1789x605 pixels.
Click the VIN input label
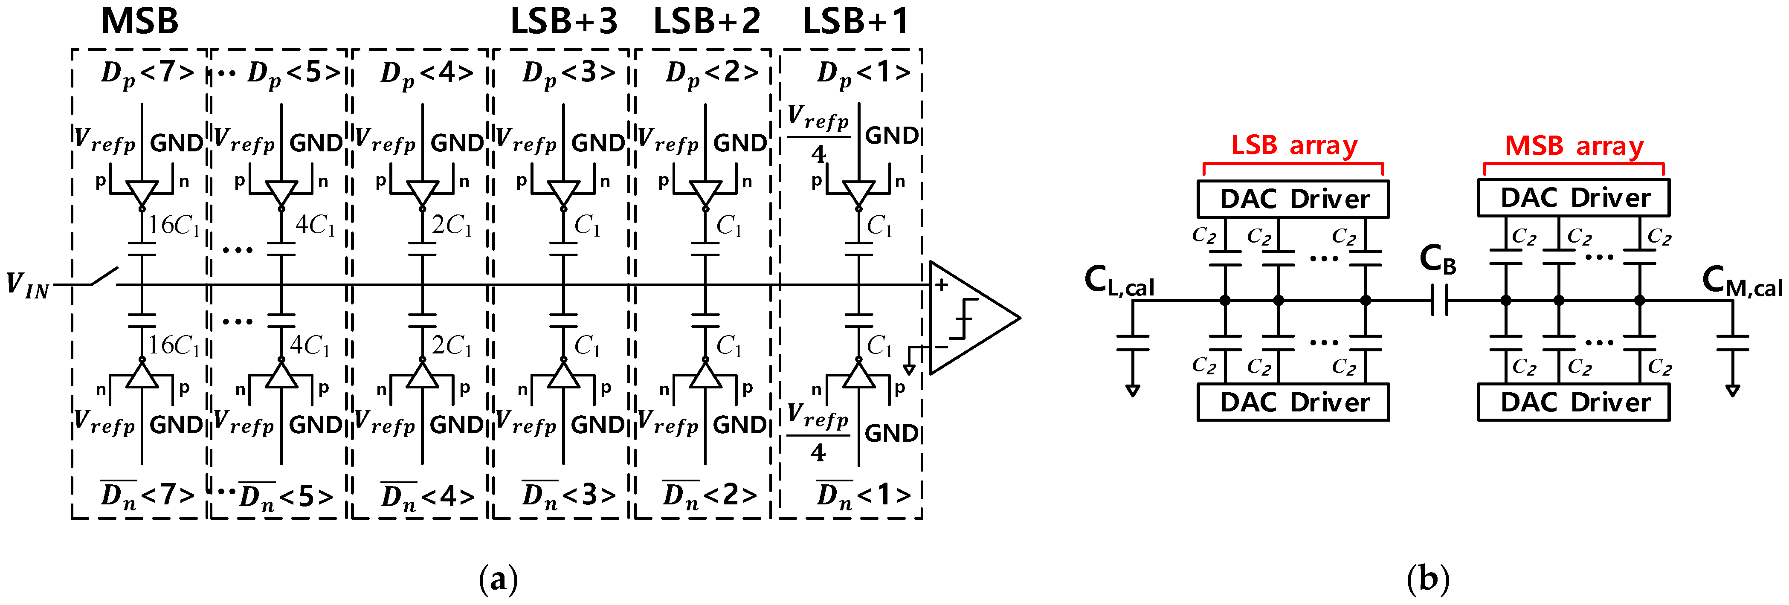[x=28, y=285]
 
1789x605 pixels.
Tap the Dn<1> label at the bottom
[x=863, y=495]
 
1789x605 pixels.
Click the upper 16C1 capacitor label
[x=174, y=225]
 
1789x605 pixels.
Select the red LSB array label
[x=1294, y=145]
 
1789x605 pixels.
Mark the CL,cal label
[x=1119, y=281]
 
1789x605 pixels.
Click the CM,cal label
[x=1742, y=281]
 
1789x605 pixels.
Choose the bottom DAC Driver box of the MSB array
[x=1574, y=402]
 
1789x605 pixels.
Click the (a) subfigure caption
[x=499, y=579]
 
